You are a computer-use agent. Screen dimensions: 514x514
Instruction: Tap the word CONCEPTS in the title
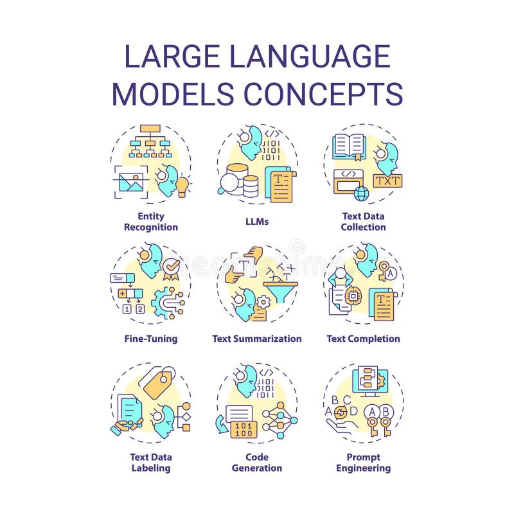323,94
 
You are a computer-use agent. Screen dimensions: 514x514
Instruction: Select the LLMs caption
257,222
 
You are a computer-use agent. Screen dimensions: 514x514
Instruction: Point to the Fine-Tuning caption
152,339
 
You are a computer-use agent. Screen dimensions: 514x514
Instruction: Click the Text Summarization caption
257,339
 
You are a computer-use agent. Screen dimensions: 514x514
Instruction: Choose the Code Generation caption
257,463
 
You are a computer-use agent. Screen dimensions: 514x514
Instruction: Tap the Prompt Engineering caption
364,463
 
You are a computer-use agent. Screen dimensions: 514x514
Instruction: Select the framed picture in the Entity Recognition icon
130,182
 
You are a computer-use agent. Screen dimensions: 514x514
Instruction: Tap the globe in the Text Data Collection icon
362,193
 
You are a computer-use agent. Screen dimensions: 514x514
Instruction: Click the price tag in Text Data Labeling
157,385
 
